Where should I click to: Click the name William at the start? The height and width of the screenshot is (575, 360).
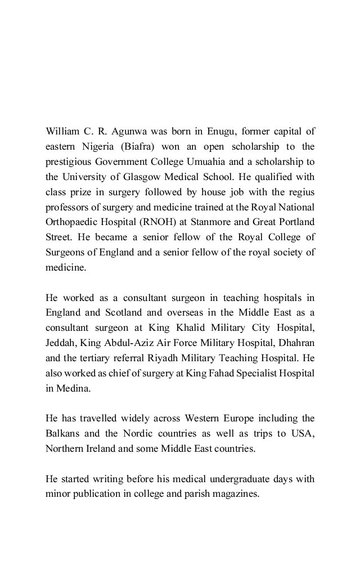[x=63, y=132]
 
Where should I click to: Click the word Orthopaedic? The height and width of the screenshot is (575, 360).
[x=73, y=219]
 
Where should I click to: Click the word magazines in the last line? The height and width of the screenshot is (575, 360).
[x=233, y=495]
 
